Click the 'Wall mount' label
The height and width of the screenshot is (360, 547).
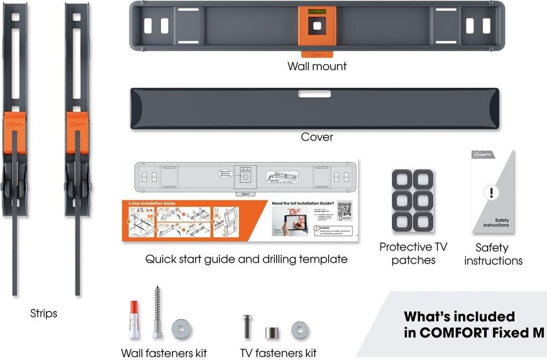pyautogui.click(x=317, y=66)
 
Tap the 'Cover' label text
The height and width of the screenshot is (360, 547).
pyautogui.click(x=317, y=137)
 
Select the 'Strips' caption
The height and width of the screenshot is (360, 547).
pyautogui.click(x=43, y=314)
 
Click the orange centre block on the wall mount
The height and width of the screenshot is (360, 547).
pyautogui.click(x=317, y=27)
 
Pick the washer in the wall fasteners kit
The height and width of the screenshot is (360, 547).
pyautogui.click(x=181, y=329)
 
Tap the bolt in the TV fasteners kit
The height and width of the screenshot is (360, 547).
pyautogui.click(x=247, y=326)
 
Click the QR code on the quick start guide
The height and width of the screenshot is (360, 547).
pyautogui.click(x=344, y=210)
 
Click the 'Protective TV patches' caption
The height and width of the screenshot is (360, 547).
pyautogui.click(x=413, y=253)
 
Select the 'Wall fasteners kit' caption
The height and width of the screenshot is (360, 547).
pyautogui.click(x=164, y=353)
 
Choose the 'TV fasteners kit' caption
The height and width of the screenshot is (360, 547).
pyautogui.click(x=278, y=353)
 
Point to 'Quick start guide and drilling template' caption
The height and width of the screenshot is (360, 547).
pyautogui.click(x=246, y=259)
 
